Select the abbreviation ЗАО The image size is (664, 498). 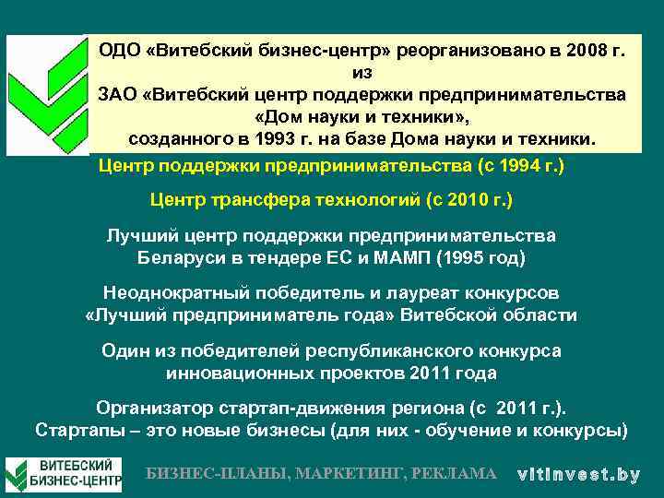117,94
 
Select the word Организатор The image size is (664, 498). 153,409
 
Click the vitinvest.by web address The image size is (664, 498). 578,474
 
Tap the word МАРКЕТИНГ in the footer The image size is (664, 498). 355,473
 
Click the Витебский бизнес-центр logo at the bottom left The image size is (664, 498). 64,473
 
